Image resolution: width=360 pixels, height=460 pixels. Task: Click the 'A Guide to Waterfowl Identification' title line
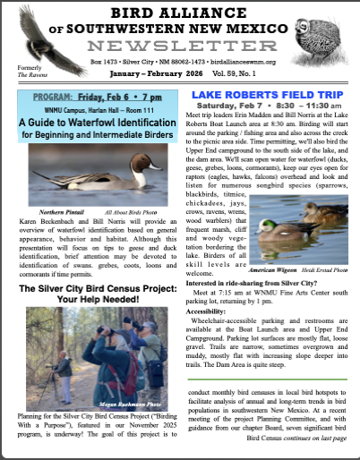pyautogui.click(x=90, y=123)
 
